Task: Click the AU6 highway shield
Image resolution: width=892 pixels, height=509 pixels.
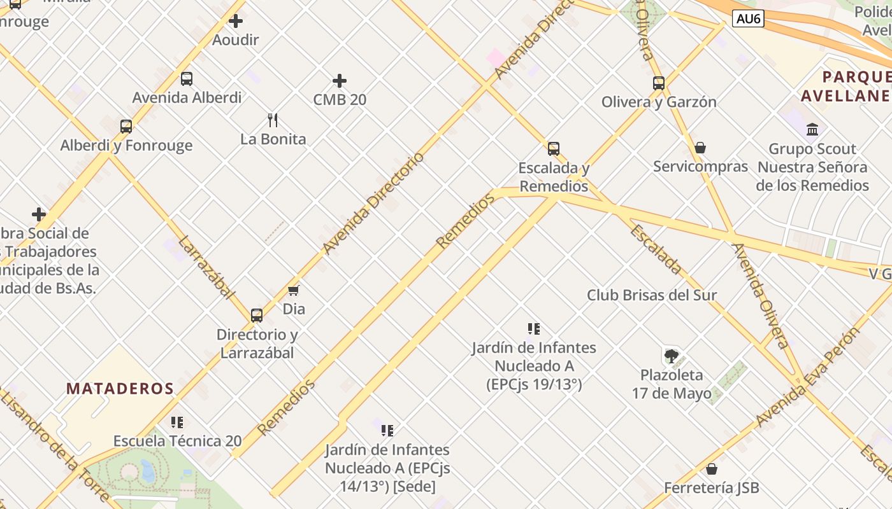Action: pos(747,19)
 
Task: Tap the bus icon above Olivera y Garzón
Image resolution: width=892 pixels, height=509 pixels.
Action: pos(659,83)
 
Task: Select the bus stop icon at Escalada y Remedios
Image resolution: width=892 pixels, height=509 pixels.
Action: pos(554,149)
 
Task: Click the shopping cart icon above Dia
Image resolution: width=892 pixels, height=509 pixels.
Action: pos(293,290)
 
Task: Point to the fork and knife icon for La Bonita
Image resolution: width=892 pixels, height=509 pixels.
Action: pos(273,120)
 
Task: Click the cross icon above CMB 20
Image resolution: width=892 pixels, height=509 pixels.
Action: pos(340,81)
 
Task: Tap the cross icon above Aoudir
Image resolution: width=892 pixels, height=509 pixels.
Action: pos(236,21)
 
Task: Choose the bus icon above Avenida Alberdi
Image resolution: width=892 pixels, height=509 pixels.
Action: pos(186,79)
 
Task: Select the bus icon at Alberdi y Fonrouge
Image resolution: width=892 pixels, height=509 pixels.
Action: pos(126,126)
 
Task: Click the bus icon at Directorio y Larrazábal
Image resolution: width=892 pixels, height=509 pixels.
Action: pos(256,315)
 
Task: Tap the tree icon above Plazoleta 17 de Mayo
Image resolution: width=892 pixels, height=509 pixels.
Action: pos(671,356)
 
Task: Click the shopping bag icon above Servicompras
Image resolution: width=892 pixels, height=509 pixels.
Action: pos(700,148)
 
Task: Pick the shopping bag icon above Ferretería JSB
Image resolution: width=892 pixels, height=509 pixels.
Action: pos(712,469)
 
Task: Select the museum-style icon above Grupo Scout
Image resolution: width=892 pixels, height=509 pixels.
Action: pos(812,130)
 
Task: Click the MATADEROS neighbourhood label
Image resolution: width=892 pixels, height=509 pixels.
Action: pos(120,389)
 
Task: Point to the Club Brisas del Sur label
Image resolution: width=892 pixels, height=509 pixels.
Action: pos(652,295)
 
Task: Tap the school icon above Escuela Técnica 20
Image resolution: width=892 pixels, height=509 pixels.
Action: pos(177,422)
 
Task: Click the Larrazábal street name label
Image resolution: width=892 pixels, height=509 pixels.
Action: pos(205,267)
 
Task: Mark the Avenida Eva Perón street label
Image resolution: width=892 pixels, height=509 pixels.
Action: pos(807,379)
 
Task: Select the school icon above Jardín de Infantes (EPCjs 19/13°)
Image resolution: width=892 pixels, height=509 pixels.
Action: pos(534,329)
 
